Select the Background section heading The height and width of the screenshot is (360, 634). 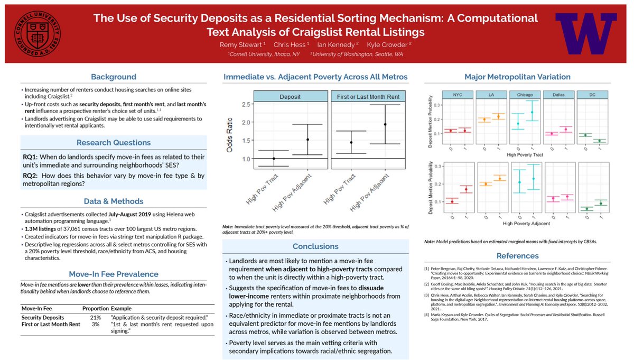(x=113, y=77)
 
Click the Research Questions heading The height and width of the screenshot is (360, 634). (x=113, y=143)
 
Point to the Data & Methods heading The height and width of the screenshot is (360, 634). (x=113, y=201)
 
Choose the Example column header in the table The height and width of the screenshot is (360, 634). (x=122, y=308)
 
